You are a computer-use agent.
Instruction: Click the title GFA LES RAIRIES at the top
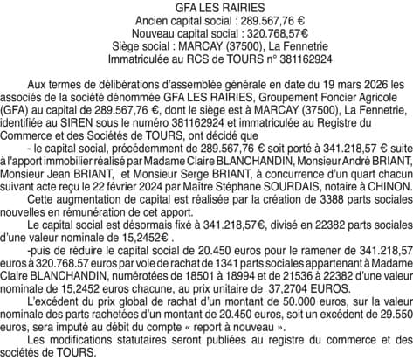tap(206, 7)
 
